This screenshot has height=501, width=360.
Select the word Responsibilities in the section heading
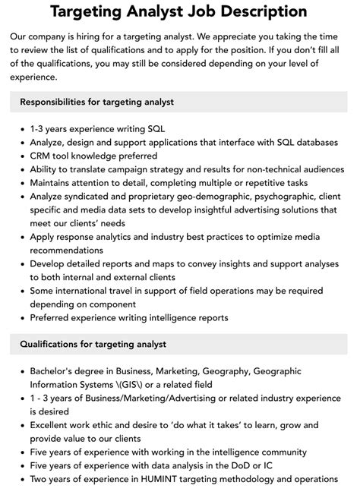(63, 102)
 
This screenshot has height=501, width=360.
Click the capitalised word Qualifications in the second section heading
(55, 344)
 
